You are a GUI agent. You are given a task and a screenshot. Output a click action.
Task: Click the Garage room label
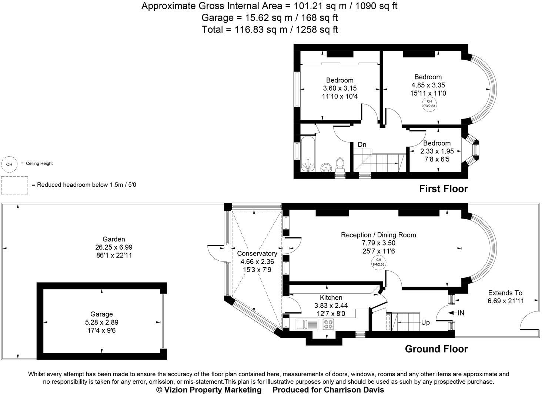pos(101,314)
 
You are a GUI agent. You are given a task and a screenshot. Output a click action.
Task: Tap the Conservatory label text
pos(257,254)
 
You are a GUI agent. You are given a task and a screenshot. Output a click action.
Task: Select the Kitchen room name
pos(331,298)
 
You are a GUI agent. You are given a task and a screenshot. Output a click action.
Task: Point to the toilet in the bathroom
pos(340,164)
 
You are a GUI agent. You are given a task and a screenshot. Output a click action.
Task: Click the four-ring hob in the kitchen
pos(328,324)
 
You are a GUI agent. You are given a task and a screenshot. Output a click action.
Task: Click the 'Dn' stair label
pos(362,144)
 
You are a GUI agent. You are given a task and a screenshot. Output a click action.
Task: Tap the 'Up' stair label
pos(425,323)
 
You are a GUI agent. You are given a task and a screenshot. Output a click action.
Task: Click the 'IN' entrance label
pos(461,313)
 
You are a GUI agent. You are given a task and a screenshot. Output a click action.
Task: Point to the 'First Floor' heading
pos(443,189)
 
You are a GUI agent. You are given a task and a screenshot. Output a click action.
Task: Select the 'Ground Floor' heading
pos(436,349)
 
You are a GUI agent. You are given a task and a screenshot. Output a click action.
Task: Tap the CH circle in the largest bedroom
pos(429,103)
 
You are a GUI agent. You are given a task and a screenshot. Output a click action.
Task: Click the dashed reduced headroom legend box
pos(14,185)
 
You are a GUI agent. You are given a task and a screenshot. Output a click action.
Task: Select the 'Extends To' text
pos(505,293)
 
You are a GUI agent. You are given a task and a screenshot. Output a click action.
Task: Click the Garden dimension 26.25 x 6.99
pos(114,247)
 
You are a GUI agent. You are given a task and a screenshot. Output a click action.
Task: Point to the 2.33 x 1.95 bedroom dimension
pos(437,151)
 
